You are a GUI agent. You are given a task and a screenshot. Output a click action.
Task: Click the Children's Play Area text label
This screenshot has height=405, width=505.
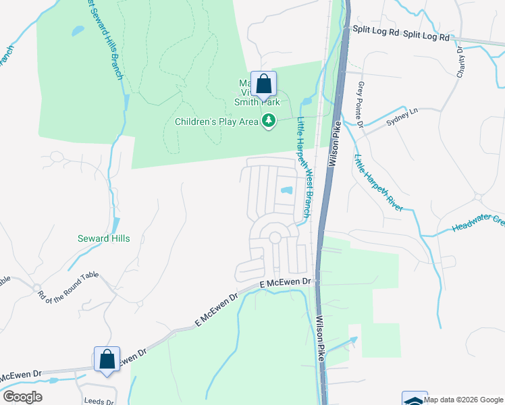[217, 122]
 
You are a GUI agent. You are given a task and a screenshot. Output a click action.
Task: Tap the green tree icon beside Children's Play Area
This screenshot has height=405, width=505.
[269, 122]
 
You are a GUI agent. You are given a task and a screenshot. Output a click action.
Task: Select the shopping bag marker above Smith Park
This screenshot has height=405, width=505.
[263, 85]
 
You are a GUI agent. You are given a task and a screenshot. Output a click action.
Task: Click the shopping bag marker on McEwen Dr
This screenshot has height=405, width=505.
[107, 359]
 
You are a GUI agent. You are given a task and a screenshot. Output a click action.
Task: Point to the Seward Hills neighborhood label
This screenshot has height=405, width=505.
[103, 238]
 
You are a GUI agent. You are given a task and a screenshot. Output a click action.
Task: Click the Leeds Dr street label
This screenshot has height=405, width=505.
[98, 401]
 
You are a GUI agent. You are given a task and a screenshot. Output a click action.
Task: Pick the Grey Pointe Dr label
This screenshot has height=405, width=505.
[361, 105]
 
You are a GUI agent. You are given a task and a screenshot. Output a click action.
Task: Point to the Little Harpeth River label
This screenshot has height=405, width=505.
[378, 182]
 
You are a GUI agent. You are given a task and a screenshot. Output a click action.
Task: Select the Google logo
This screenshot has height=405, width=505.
[22, 396]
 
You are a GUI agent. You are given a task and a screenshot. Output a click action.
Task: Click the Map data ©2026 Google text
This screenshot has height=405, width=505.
[463, 400]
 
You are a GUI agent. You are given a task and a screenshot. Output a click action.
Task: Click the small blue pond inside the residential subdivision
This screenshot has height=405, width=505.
[287, 191]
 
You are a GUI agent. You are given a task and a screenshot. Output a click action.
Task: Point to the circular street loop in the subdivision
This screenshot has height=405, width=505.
[275, 238]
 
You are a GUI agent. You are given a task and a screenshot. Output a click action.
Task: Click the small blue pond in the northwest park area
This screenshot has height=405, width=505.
[78, 30]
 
